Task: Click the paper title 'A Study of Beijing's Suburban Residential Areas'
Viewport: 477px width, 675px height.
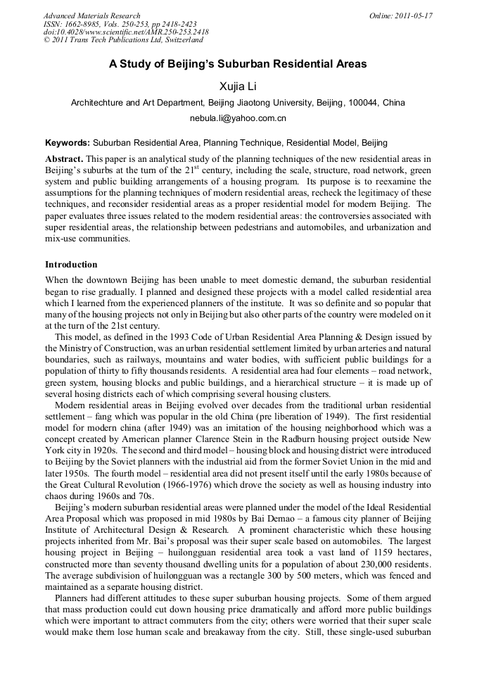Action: coord(238,64)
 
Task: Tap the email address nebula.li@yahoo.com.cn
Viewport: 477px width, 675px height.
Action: coord(238,118)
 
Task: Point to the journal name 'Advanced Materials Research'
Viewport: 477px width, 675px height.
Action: coord(91,15)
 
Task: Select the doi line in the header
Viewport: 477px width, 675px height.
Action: coord(126,32)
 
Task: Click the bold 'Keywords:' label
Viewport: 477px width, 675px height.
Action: coord(68,142)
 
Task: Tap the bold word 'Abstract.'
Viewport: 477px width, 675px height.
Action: coord(64,160)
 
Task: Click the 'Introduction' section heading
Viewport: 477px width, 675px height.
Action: coord(71,265)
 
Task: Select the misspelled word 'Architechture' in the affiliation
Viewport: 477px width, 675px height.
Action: coord(98,103)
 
